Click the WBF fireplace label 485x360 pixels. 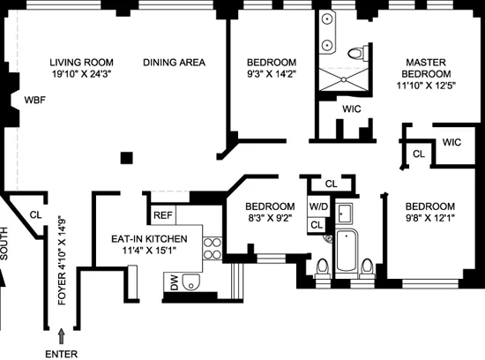click(35, 99)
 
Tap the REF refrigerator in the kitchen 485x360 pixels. click(163, 214)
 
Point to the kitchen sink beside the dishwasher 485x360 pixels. click(196, 281)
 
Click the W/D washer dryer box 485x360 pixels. click(317, 208)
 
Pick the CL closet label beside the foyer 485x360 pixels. click(35, 214)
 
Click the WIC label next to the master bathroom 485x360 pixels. click(351, 109)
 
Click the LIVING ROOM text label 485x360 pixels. click(81, 62)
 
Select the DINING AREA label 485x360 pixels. click(175, 62)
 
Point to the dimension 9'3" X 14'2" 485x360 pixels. click(271, 75)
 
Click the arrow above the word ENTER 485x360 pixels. click(61, 335)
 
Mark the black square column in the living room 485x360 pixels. click(129, 158)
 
